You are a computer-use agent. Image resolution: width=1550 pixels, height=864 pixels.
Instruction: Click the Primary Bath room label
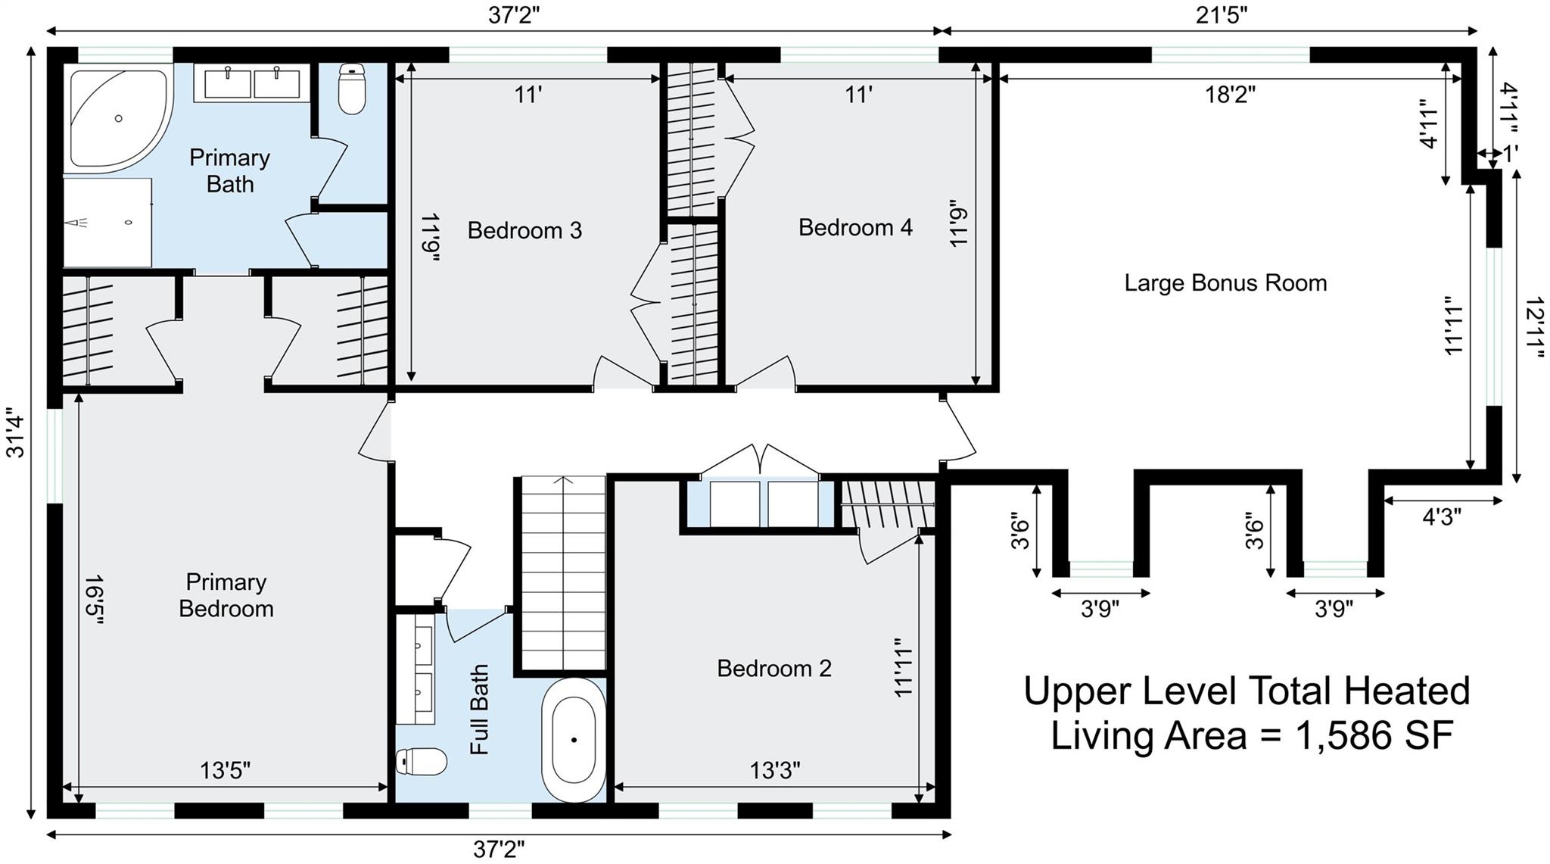click(229, 170)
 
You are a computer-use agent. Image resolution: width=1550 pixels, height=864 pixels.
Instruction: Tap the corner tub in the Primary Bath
click(117, 118)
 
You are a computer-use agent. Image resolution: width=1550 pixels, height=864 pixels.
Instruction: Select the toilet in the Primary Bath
click(351, 89)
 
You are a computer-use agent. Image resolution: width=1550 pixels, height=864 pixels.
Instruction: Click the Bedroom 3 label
click(524, 230)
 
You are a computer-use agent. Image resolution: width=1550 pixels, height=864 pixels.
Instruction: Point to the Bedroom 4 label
click(855, 227)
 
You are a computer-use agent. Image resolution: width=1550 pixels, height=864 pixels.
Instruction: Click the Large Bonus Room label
click(1225, 283)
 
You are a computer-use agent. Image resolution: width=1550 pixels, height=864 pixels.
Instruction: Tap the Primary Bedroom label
click(226, 595)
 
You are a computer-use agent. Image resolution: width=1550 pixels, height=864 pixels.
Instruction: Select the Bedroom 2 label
click(774, 668)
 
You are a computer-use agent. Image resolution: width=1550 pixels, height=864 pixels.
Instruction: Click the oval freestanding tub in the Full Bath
click(574, 740)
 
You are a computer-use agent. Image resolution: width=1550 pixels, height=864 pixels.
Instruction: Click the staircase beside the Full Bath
click(563, 574)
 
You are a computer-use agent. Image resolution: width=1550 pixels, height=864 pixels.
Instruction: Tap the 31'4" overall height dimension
click(15, 437)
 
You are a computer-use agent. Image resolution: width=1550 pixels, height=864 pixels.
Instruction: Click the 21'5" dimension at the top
click(1222, 14)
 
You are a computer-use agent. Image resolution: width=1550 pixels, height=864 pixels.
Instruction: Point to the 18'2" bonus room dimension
click(1230, 95)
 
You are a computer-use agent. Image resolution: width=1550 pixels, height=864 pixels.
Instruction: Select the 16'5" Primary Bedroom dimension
click(93, 599)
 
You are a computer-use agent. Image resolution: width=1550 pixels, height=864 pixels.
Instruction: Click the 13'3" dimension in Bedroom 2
click(775, 771)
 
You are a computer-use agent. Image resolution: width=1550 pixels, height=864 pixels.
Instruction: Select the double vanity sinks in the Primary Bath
click(252, 83)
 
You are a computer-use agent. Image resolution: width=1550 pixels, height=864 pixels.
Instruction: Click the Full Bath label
click(479, 710)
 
